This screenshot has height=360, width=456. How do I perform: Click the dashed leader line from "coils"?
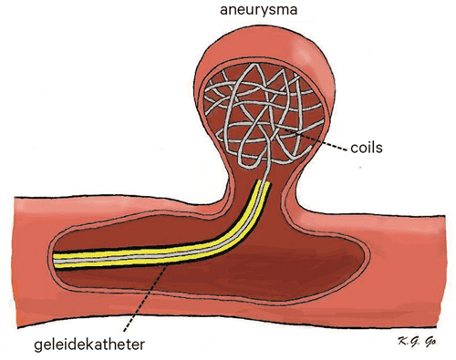315,141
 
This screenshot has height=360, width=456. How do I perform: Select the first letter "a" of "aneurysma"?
222,12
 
